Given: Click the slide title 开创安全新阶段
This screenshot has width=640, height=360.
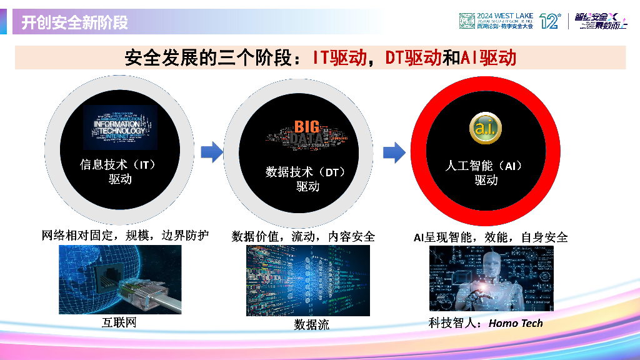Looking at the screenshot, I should (75, 23).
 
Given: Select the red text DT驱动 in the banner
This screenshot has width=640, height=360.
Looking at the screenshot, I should (413, 58).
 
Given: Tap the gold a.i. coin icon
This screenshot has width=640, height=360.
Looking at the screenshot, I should (485, 128).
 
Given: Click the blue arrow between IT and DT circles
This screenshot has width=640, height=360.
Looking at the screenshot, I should (212, 152).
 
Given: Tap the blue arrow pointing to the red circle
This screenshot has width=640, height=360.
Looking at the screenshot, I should (394, 151).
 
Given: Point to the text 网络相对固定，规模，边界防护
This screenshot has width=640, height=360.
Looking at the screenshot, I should (125, 236).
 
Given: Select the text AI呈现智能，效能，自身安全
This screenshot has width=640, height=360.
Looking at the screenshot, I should (491, 237).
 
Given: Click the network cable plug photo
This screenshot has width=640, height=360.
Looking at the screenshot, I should (120, 279).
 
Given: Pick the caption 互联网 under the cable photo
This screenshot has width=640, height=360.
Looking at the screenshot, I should (119, 322).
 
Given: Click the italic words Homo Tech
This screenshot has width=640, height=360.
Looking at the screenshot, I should (516, 323).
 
